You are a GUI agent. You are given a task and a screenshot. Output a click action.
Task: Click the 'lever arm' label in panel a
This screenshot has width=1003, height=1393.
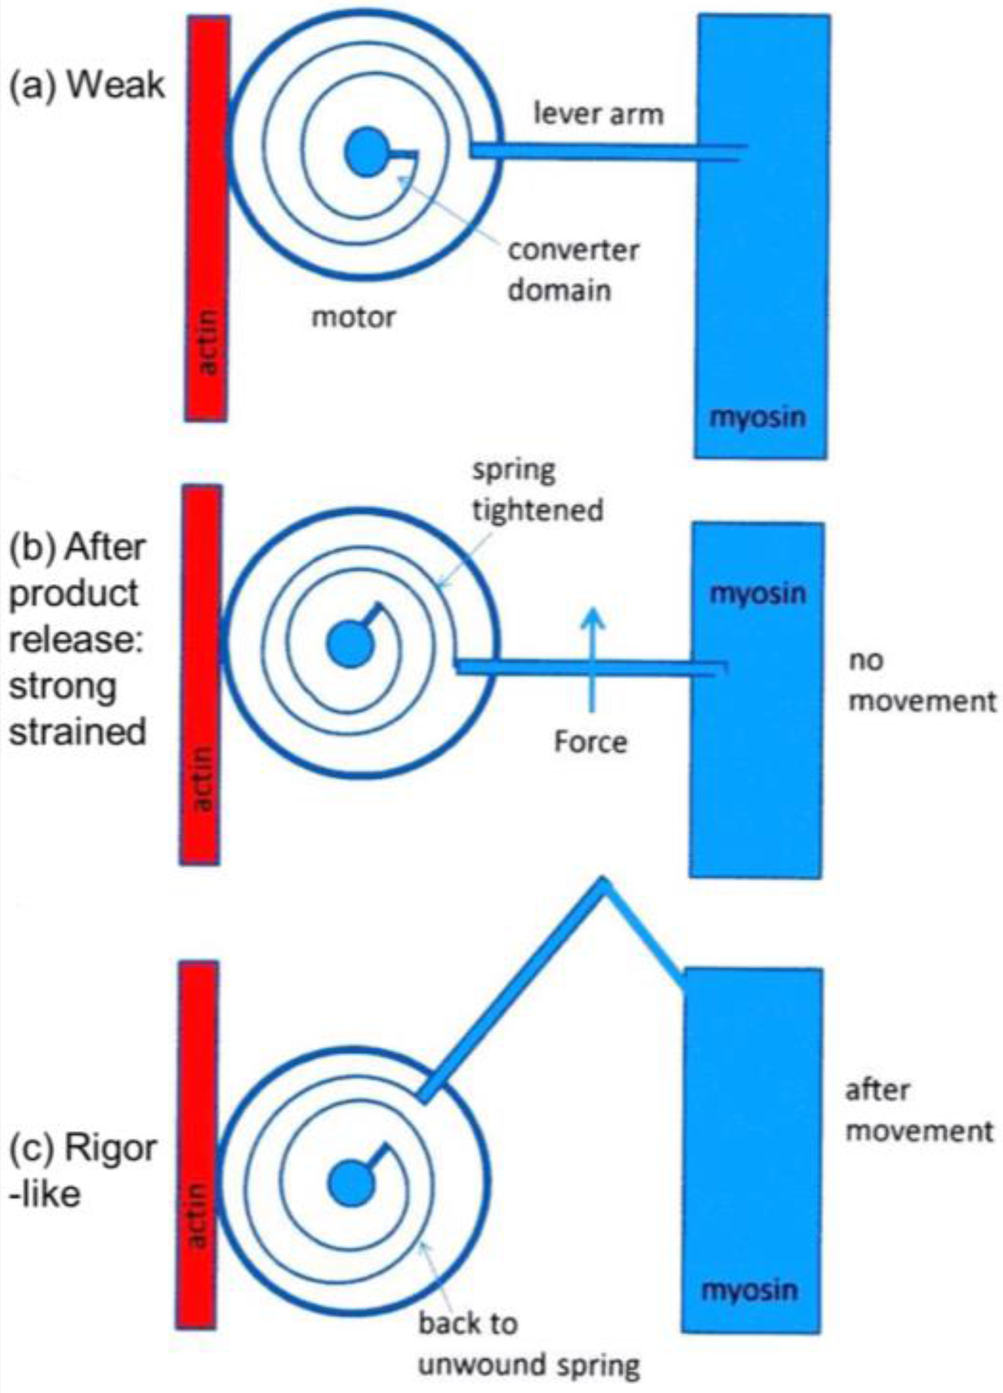[598, 115]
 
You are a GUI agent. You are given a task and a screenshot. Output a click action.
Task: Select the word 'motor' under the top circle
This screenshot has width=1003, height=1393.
[353, 317]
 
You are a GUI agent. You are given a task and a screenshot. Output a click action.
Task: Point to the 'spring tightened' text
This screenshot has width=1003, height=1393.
[537, 491]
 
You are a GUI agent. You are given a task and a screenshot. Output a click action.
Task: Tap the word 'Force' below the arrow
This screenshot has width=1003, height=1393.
[590, 742]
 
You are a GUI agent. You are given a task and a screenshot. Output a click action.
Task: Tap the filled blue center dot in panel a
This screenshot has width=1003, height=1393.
[365, 152]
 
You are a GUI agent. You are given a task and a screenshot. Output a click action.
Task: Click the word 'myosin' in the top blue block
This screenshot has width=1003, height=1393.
[757, 418]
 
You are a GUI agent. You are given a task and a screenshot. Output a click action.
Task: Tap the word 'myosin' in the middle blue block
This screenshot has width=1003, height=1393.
[757, 593]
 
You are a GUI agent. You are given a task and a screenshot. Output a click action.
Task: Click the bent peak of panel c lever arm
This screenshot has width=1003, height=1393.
[602, 882]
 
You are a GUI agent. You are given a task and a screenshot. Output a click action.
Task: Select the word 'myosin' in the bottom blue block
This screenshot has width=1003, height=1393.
[749, 1290]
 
